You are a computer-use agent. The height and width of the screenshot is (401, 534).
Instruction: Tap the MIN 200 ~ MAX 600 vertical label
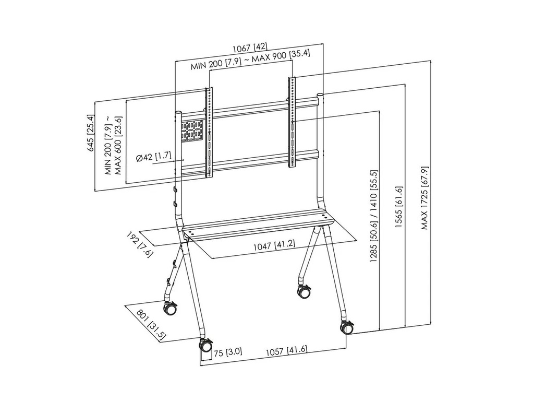113,145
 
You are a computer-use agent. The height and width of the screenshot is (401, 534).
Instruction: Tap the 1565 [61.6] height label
399,207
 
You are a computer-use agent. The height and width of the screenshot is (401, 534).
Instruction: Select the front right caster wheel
347,327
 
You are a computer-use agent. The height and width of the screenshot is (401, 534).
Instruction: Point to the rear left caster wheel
170,308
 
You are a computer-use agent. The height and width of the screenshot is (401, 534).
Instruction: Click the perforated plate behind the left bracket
192,131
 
